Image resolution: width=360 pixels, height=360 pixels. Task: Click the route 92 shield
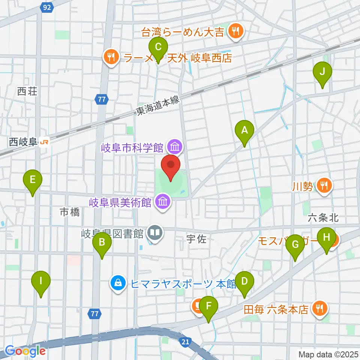point(46,7)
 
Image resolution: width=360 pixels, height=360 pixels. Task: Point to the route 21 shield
point(184,341)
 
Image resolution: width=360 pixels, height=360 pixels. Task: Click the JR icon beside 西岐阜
point(44,142)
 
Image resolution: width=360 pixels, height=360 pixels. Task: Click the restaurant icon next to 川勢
point(323,185)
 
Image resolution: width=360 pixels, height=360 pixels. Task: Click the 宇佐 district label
point(196,239)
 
